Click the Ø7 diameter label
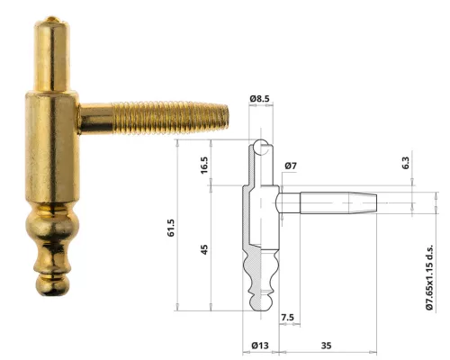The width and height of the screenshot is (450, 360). (x=290, y=167)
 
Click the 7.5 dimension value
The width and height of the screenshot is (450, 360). (x=287, y=318)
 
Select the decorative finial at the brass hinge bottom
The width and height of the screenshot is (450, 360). (x=50, y=247)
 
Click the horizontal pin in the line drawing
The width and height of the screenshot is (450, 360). (x=333, y=201)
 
